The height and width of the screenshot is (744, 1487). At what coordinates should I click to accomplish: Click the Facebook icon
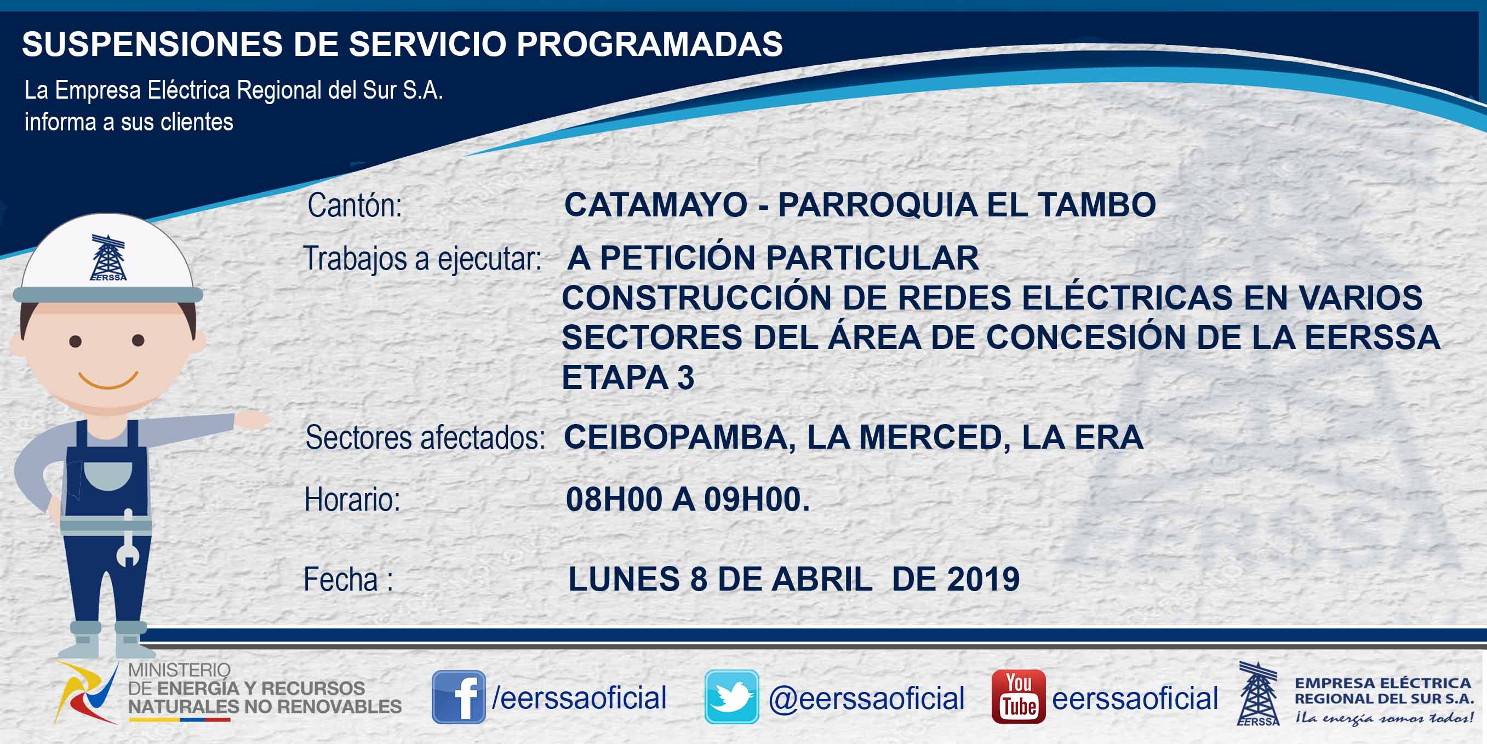(x=459, y=697)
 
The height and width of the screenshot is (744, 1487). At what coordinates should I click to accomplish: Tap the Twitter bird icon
(x=731, y=697)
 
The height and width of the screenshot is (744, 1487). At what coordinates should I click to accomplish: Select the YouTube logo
(x=1018, y=697)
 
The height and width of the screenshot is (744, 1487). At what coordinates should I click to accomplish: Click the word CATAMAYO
(x=656, y=205)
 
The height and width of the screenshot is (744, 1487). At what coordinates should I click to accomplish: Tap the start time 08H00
(x=614, y=499)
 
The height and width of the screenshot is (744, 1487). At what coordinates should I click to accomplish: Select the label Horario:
(x=352, y=499)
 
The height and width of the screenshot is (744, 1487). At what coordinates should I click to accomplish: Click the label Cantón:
(x=354, y=205)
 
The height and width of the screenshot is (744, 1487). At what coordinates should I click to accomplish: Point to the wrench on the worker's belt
(x=128, y=538)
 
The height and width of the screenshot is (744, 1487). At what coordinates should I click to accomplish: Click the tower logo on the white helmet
(x=108, y=257)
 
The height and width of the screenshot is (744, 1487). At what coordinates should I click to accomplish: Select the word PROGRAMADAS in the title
(x=649, y=44)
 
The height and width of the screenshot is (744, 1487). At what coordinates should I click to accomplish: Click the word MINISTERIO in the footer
(x=179, y=669)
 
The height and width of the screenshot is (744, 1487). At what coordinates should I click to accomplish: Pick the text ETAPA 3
(x=628, y=377)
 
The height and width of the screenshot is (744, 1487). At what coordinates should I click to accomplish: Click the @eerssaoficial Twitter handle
(x=866, y=698)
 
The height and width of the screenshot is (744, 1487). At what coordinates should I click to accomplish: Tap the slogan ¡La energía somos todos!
(x=1383, y=718)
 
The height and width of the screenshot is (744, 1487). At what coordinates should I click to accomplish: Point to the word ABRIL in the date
(x=822, y=579)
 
